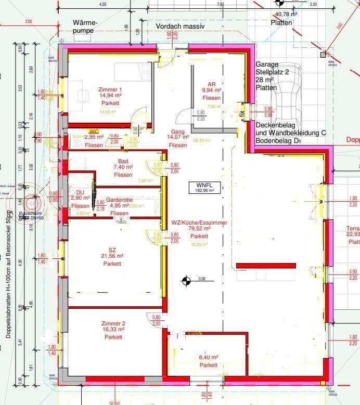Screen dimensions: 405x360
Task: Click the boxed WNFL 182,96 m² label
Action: pyautogui.click(x=205, y=187)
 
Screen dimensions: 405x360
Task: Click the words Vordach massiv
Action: pyautogui.click(x=181, y=26)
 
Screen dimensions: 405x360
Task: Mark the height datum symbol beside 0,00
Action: pyautogui.click(x=185, y=281)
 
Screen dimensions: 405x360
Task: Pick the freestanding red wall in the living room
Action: pyautogui.click(x=266, y=265)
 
